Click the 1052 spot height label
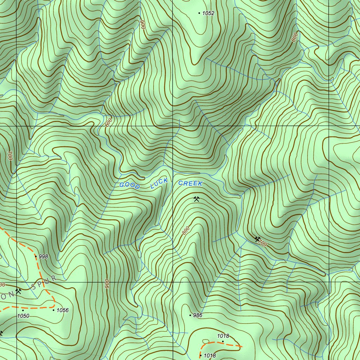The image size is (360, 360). click(208, 13)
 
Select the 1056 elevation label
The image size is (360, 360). click(63, 310)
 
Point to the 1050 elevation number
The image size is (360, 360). click(23, 316)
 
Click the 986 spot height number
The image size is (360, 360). click(198, 315)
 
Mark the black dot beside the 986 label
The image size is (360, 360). click(191, 315)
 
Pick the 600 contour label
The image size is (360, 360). click(108, 123)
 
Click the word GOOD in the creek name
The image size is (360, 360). click(130, 185)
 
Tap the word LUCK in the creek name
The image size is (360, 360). click(159, 183)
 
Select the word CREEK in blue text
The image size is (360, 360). click(190, 184)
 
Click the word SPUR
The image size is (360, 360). click(44, 283)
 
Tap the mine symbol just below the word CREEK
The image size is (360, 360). click(197, 199)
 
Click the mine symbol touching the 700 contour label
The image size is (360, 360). click(257, 239)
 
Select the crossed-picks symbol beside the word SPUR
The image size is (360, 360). click(19, 291)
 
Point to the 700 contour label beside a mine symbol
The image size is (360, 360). click(263, 243)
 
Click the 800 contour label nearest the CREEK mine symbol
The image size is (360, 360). click(186, 231)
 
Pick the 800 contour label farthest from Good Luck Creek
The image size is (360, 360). click(295, 37)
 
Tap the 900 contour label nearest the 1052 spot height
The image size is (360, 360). click(143, 24)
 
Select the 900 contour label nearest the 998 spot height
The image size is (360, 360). click(107, 284)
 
